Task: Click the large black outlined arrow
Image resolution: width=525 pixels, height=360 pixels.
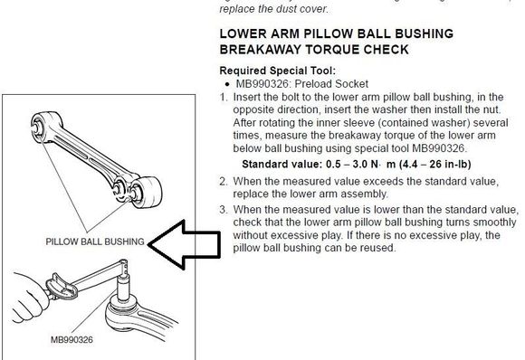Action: click(184, 245)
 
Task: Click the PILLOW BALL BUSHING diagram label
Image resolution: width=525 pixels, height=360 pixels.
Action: click(95, 242)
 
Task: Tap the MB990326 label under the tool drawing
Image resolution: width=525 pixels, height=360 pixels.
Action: click(72, 339)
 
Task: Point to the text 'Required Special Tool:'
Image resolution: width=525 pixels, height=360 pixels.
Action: click(278, 71)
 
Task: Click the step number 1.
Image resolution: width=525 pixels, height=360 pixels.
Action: click(224, 98)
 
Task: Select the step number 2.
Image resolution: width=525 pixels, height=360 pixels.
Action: click(224, 181)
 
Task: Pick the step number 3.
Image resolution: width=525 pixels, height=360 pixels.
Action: click(224, 210)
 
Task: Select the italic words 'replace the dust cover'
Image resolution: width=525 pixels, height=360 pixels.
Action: click(272, 9)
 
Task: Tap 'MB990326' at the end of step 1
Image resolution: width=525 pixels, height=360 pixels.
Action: click(438, 148)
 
